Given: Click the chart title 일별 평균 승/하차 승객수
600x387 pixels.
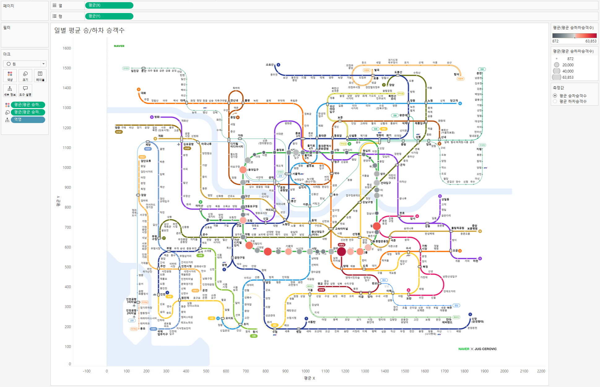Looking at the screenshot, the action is (x=89, y=30).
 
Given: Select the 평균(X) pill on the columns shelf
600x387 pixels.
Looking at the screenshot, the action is (x=109, y=5).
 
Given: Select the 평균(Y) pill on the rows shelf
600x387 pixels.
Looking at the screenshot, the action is (x=109, y=16).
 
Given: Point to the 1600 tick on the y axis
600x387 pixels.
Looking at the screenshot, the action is (x=67, y=48).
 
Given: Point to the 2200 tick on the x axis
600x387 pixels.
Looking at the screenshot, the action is (x=541, y=371).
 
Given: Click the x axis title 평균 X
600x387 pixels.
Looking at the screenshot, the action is (x=309, y=378).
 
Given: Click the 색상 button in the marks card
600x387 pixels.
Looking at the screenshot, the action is (x=10, y=76).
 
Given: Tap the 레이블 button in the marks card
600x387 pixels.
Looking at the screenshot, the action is (x=40, y=76).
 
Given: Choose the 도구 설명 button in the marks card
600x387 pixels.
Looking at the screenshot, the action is (x=25, y=90).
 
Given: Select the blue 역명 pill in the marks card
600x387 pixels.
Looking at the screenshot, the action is (x=28, y=120).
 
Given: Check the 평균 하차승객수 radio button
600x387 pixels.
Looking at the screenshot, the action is (x=555, y=101).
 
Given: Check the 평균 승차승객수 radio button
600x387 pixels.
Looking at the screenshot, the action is (x=555, y=96).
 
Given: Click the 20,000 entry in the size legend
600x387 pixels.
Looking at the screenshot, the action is (x=568, y=65).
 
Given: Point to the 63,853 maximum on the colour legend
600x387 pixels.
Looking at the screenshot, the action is (x=591, y=41).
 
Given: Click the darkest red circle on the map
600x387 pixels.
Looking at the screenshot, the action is (x=341, y=251).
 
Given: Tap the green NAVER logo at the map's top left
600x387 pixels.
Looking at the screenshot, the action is (x=119, y=46).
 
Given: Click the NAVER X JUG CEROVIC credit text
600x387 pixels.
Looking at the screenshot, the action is (x=477, y=349).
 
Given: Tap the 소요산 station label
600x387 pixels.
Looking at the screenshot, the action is (x=270, y=65).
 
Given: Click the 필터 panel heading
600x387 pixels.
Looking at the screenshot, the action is (x=7, y=28).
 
